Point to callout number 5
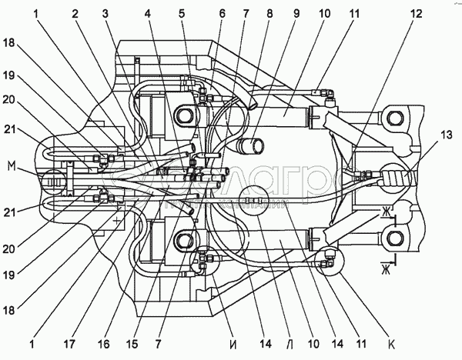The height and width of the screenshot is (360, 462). pyautogui.click(x=182, y=15)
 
